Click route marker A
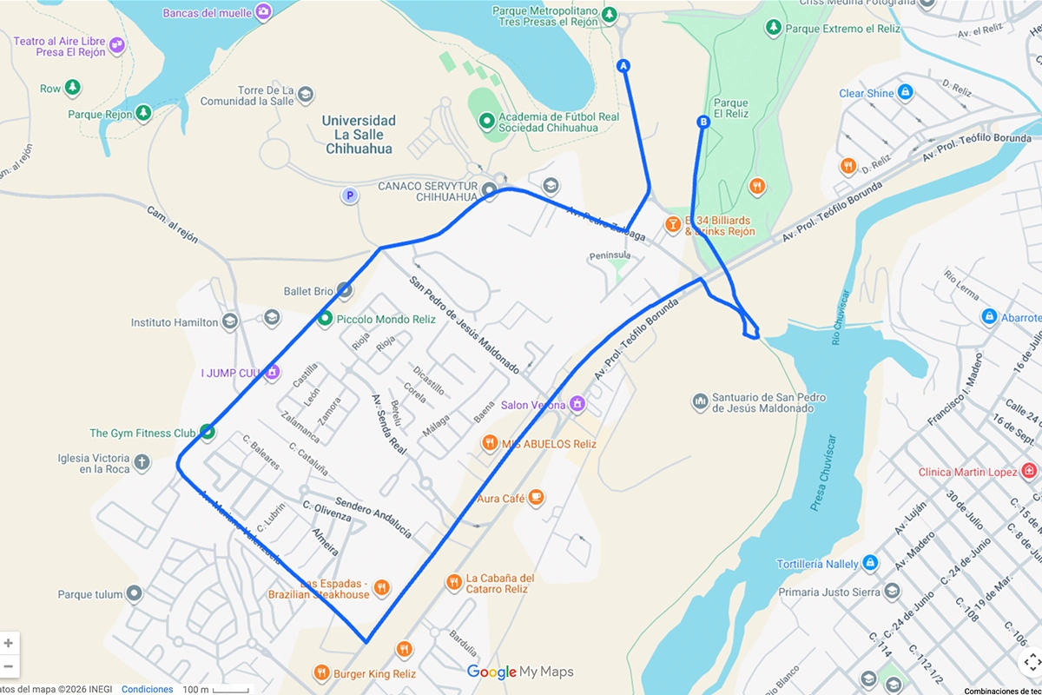point(623,66)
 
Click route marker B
point(703,122)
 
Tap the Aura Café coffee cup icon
point(536,498)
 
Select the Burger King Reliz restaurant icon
point(404,649)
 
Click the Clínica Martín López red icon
point(1030,472)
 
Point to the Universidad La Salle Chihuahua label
point(359,135)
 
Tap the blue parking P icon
point(350,195)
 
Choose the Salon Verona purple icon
point(577,405)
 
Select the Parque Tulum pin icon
point(134,594)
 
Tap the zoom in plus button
point(9,644)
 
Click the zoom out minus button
point(9,666)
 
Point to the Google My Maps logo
point(520,672)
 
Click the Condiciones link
point(147,689)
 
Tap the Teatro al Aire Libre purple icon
point(116,43)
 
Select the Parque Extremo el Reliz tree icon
point(772,29)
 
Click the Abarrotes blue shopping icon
point(988,317)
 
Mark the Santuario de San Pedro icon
point(700,402)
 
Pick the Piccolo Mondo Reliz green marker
point(325,319)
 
